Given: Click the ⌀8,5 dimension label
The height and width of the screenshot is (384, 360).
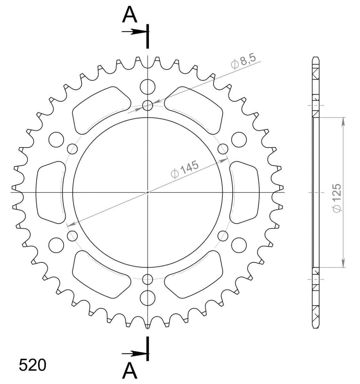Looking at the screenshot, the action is pos(243,61).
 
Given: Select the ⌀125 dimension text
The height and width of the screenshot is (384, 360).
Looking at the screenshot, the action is pos(337,198).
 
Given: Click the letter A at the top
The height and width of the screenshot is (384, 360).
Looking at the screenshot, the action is pos(130,14).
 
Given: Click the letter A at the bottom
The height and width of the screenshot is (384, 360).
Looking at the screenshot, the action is pos(130,370).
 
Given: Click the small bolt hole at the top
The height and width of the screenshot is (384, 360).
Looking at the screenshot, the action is pos(148,106).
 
